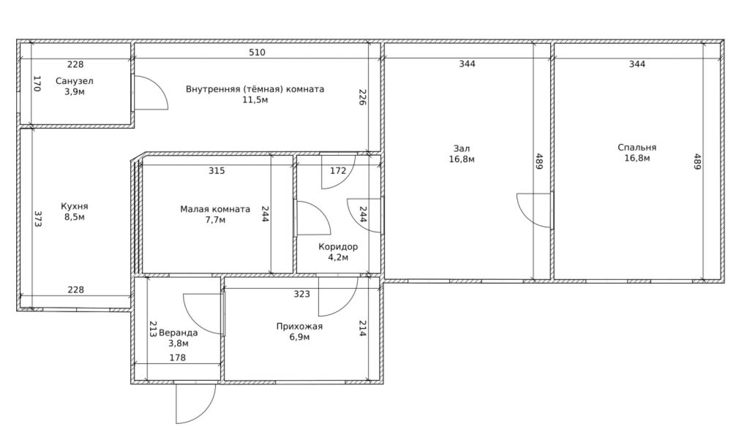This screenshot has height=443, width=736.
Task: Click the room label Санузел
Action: (x=74, y=81)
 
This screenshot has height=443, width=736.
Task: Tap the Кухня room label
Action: (x=75, y=206)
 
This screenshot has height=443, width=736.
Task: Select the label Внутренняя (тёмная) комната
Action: (x=255, y=89)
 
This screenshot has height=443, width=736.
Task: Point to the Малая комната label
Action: (x=215, y=209)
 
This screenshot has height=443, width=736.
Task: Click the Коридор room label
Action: (x=338, y=246)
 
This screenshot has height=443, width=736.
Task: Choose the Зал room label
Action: (x=462, y=148)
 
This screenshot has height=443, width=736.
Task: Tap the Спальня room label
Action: (x=637, y=148)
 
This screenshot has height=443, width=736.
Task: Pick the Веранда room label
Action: (x=178, y=333)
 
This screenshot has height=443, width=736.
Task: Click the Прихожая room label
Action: (x=299, y=326)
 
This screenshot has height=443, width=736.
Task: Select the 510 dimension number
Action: (x=257, y=53)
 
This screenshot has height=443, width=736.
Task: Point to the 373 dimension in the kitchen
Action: (x=38, y=219)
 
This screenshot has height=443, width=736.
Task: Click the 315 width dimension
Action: (x=217, y=171)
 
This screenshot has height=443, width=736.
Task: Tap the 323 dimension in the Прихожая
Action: (x=302, y=294)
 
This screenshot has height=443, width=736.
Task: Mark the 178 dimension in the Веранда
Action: (x=178, y=357)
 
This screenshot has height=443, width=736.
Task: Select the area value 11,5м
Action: (x=255, y=100)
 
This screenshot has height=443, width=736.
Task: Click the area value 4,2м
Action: (x=338, y=257)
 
